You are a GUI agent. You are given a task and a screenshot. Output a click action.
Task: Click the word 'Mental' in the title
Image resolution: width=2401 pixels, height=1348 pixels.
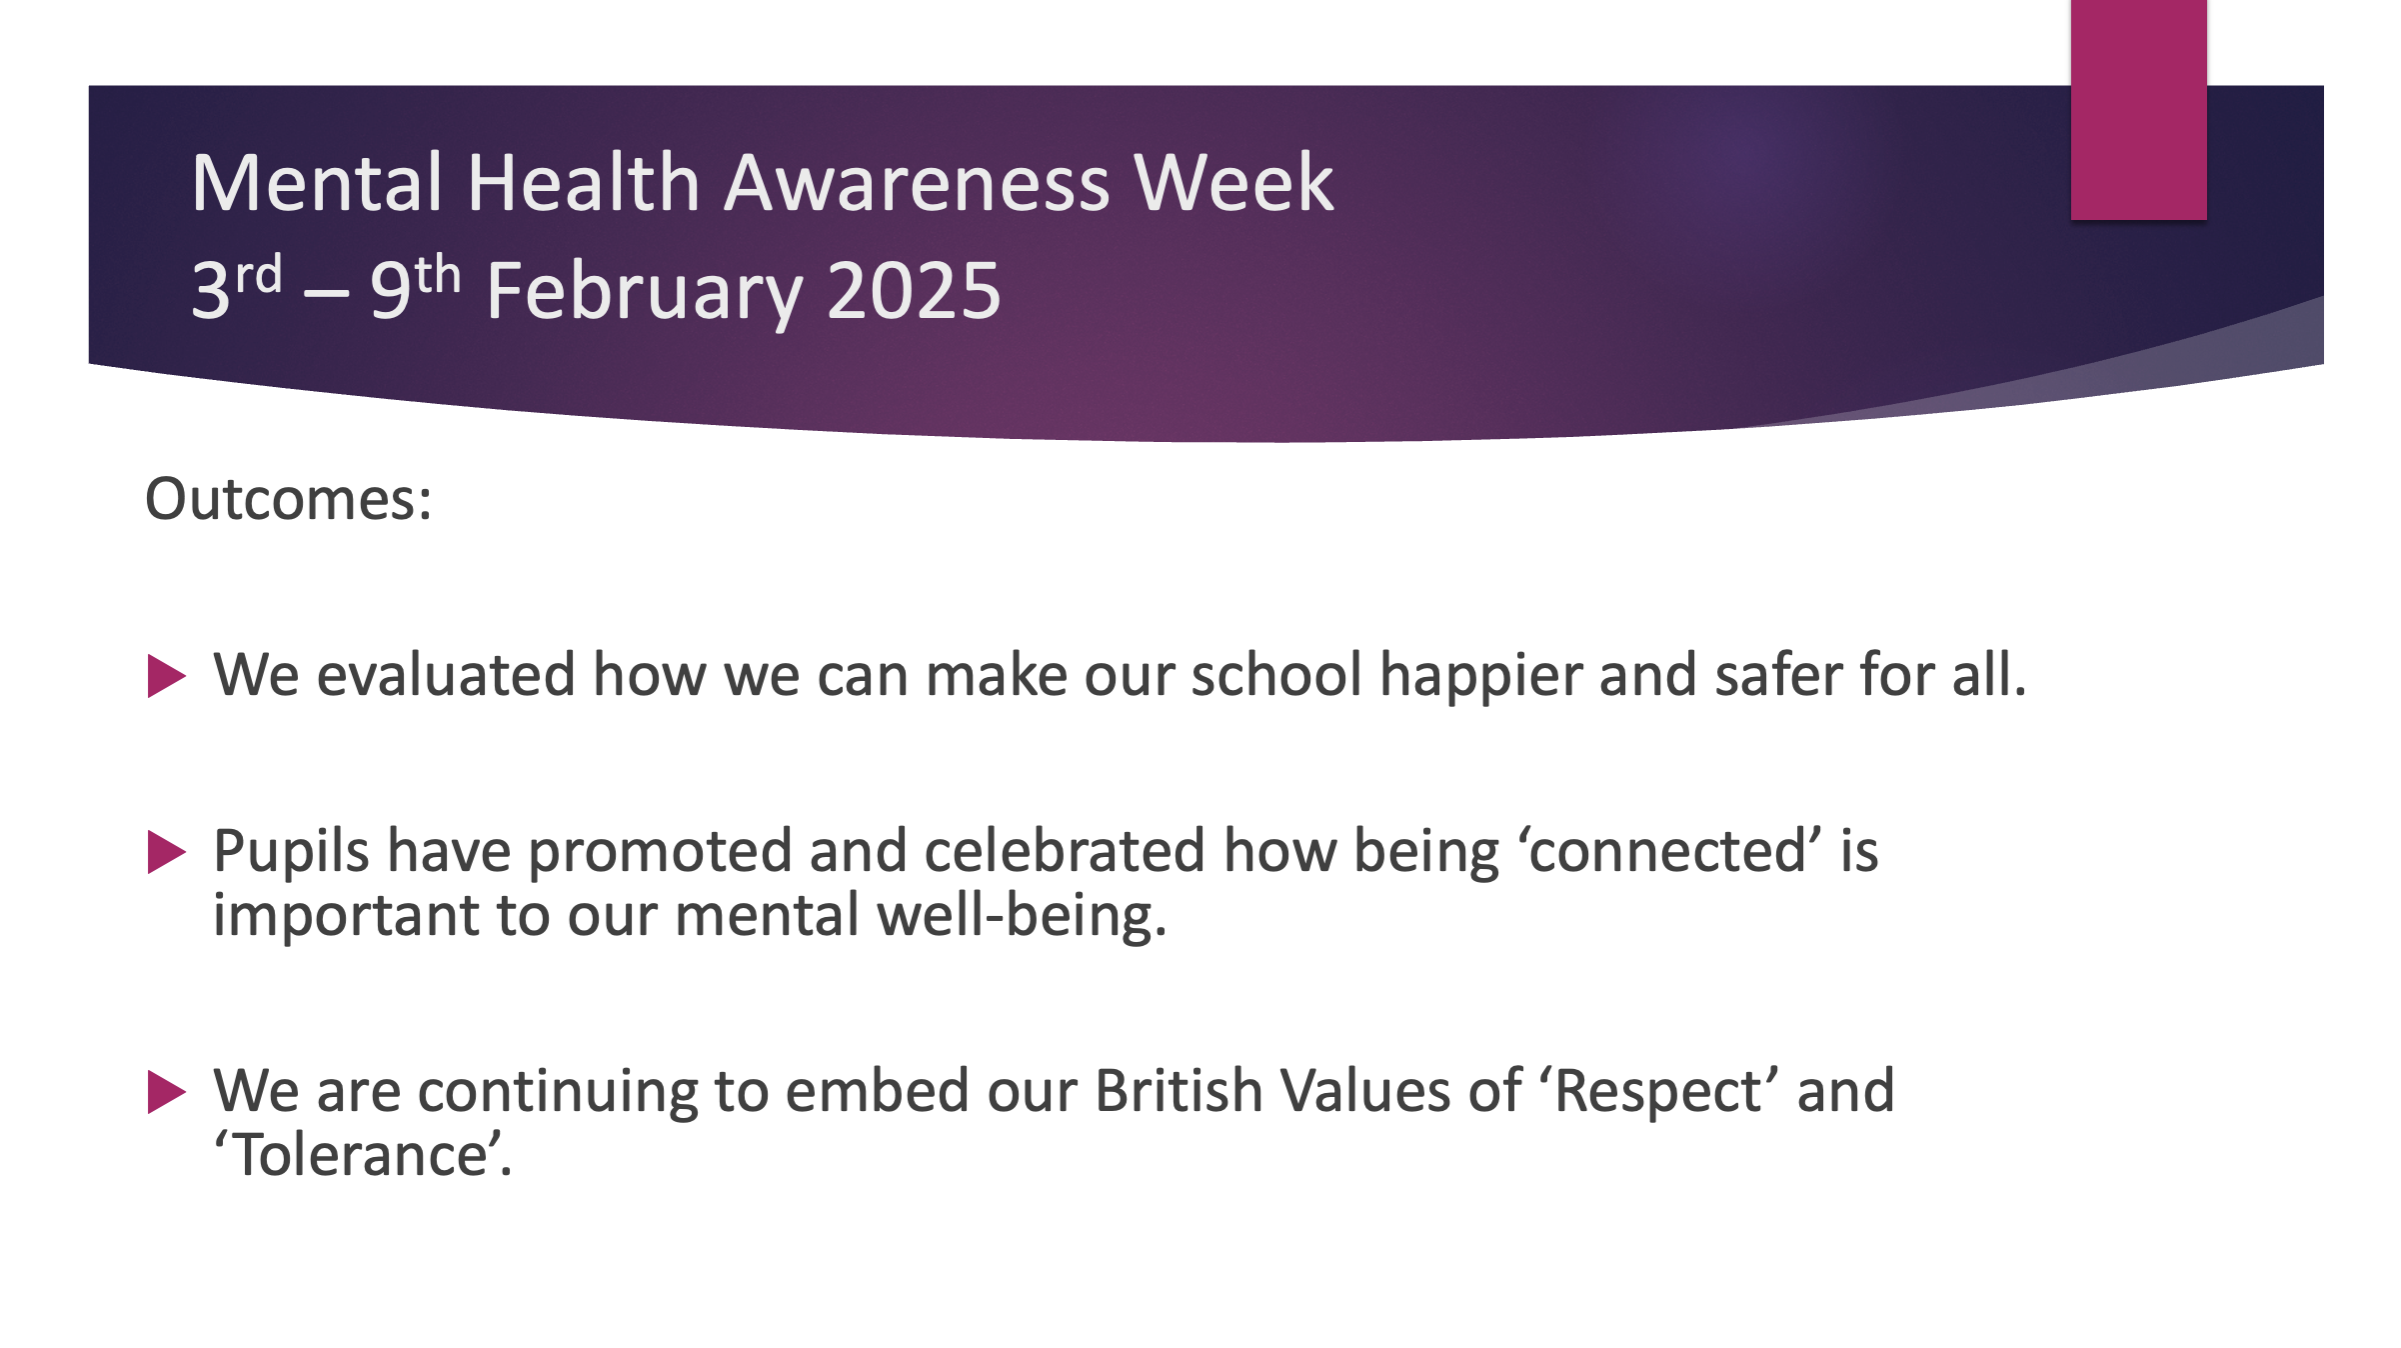click(x=317, y=183)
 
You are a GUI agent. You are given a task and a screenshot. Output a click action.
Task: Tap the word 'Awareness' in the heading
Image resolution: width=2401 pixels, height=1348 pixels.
click(x=917, y=183)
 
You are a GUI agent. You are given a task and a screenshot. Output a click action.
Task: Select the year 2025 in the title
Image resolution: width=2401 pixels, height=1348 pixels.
click(x=914, y=290)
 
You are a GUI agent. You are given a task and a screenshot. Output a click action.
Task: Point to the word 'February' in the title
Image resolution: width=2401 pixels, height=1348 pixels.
click(x=645, y=292)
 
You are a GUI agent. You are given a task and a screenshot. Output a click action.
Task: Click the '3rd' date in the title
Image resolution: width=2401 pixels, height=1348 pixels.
click(x=237, y=286)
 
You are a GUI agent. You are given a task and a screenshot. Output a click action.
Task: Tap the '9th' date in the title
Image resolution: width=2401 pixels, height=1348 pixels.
click(x=415, y=286)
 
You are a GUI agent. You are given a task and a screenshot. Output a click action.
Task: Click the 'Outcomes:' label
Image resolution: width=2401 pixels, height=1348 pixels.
click(x=289, y=498)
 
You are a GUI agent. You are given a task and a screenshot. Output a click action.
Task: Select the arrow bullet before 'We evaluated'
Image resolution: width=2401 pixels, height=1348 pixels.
click(x=166, y=676)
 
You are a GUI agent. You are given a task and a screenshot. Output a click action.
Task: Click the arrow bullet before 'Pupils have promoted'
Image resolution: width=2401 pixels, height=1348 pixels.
click(x=166, y=852)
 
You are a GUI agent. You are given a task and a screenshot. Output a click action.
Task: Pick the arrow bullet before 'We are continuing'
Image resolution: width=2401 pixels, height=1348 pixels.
click(x=166, y=1092)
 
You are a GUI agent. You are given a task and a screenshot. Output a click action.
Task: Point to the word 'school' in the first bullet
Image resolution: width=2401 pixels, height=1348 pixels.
click(x=1276, y=674)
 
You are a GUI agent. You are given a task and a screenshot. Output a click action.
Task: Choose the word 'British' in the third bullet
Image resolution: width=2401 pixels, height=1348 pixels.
click(x=1180, y=1090)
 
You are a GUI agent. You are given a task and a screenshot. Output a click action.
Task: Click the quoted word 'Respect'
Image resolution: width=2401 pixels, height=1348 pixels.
click(x=1659, y=1092)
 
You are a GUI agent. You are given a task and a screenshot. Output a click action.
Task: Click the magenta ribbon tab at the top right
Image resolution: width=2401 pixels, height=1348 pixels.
click(x=2138, y=110)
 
